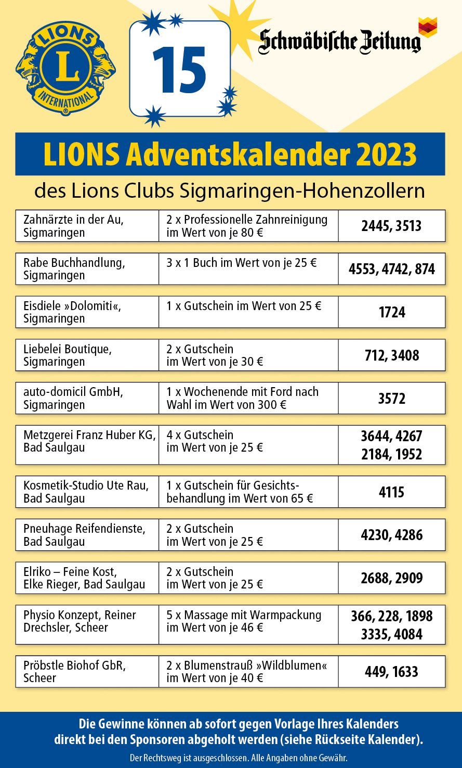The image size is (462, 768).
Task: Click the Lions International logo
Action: click(x=65, y=68)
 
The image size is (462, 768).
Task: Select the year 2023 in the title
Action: click(x=388, y=155)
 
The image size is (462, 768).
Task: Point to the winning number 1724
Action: click(x=392, y=313)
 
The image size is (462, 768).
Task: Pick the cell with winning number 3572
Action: click(x=392, y=399)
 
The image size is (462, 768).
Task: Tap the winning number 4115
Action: click(x=392, y=492)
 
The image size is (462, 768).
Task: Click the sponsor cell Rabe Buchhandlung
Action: click(x=87, y=269)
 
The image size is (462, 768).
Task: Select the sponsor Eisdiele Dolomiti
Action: click(x=87, y=312)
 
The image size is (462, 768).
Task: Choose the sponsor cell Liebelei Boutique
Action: click(x=87, y=355)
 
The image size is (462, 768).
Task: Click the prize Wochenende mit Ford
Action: click(x=248, y=398)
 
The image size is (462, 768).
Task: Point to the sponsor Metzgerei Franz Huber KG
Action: click(x=87, y=441)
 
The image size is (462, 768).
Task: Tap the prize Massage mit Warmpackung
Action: click(x=248, y=621)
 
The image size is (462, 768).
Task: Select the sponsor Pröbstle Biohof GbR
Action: click(x=87, y=671)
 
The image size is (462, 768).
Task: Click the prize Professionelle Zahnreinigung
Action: click(x=248, y=226)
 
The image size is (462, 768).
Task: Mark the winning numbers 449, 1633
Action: click(x=392, y=672)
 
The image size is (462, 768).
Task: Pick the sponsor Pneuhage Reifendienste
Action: click(x=87, y=535)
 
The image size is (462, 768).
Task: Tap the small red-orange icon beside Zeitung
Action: click(x=428, y=27)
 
